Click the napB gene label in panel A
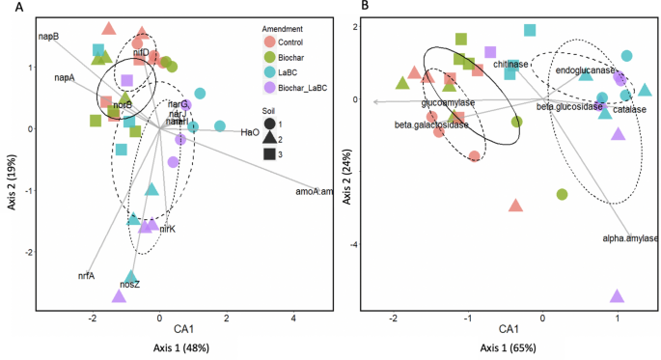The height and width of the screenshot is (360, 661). pyautogui.click(x=49, y=37)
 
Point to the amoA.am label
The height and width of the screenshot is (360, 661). pyautogui.click(x=314, y=192)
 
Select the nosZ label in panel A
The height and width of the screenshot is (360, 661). pyautogui.click(x=129, y=285)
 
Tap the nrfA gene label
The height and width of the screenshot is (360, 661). pyautogui.click(x=86, y=275)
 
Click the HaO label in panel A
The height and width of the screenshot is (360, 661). pyautogui.click(x=248, y=134)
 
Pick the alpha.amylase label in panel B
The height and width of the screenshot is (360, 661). pyautogui.click(x=630, y=238)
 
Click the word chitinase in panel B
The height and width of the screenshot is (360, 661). pyautogui.click(x=511, y=65)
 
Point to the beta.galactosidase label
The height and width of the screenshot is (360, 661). pyautogui.click(x=431, y=125)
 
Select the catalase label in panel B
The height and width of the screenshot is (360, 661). pyautogui.click(x=628, y=109)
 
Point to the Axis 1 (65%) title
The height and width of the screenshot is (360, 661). pyautogui.click(x=507, y=346)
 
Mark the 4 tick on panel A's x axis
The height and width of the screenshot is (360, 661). pyautogui.click(x=292, y=317)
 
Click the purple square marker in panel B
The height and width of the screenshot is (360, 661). pyautogui.click(x=490, y=52)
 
